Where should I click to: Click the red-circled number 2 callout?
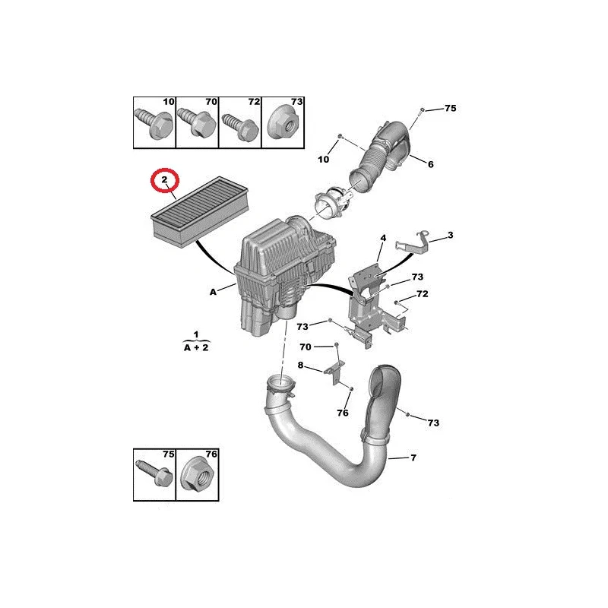coord(164,179)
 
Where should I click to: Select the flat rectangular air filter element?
coord(200,211)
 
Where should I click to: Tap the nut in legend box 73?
coord(284,122)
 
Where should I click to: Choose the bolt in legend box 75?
coord(154,472)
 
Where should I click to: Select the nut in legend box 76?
coord(198,476)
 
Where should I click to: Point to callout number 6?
coord(430,164)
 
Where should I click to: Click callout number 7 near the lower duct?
coord(413,458)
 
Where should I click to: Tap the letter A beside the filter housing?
coord(213,292)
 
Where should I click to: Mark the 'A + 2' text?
coord(196,348)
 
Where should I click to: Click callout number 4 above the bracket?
coord(383,238)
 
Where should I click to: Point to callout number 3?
coord(450,235)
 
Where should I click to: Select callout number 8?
coord(300,366)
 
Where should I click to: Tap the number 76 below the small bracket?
coord(343,413)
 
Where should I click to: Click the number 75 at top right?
coord(451,108)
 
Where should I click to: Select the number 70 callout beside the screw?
coord(306,347)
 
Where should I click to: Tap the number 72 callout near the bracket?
coord(423,294)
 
